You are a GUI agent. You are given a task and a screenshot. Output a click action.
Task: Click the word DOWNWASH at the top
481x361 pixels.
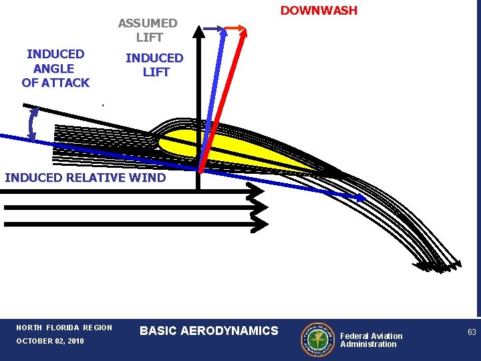point(319,11)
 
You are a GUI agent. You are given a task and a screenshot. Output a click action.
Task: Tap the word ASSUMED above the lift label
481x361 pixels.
point(148,23)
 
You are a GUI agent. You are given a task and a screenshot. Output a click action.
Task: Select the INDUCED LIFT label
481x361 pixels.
point(154,65)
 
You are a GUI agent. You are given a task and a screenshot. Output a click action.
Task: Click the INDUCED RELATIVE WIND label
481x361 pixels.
point(85,178)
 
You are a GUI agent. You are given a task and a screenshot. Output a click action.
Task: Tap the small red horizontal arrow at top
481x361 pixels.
point(235,28)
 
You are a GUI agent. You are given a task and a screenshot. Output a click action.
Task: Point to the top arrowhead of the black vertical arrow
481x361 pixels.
point(199,31)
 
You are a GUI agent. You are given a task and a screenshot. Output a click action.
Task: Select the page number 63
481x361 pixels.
point(472,332)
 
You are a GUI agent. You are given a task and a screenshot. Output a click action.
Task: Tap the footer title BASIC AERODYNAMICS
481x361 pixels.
point(209,330)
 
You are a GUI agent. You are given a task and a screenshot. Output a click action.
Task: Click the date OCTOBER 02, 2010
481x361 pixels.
point(50,342)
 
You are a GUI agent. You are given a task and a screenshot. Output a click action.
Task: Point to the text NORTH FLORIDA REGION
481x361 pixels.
point(64,328)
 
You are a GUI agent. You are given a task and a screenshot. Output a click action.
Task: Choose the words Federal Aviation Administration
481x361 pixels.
point(371,340)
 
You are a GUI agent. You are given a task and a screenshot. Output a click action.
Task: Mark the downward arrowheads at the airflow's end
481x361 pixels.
point(438,267)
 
